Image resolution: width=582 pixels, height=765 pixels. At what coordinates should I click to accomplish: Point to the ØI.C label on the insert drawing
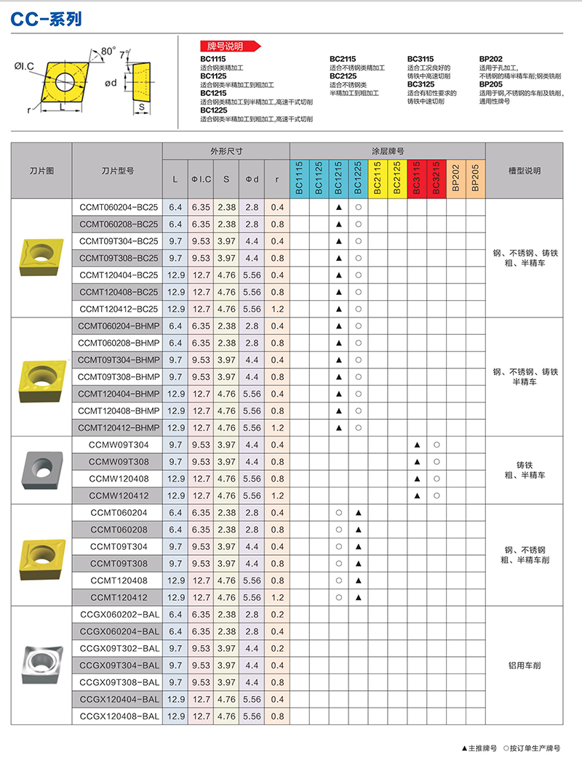coord(24,67)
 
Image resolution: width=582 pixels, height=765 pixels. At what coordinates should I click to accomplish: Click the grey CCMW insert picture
coord(41,470)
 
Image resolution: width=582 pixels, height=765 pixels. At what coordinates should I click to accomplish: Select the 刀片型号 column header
coord(117,171)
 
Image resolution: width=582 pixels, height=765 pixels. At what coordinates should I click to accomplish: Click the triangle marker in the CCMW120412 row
coord(417,495)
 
